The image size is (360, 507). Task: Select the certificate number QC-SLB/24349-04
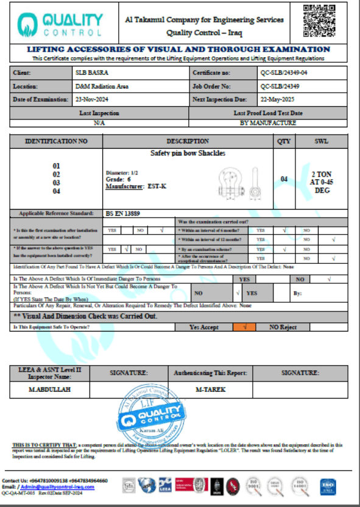284,73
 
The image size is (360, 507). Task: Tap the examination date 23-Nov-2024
92,99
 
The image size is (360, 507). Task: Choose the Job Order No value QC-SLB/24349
280,86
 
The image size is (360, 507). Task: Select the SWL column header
321,141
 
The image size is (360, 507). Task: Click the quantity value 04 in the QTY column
284,179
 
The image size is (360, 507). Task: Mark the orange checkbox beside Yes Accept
244,327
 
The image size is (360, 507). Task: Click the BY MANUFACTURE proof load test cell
268,122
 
